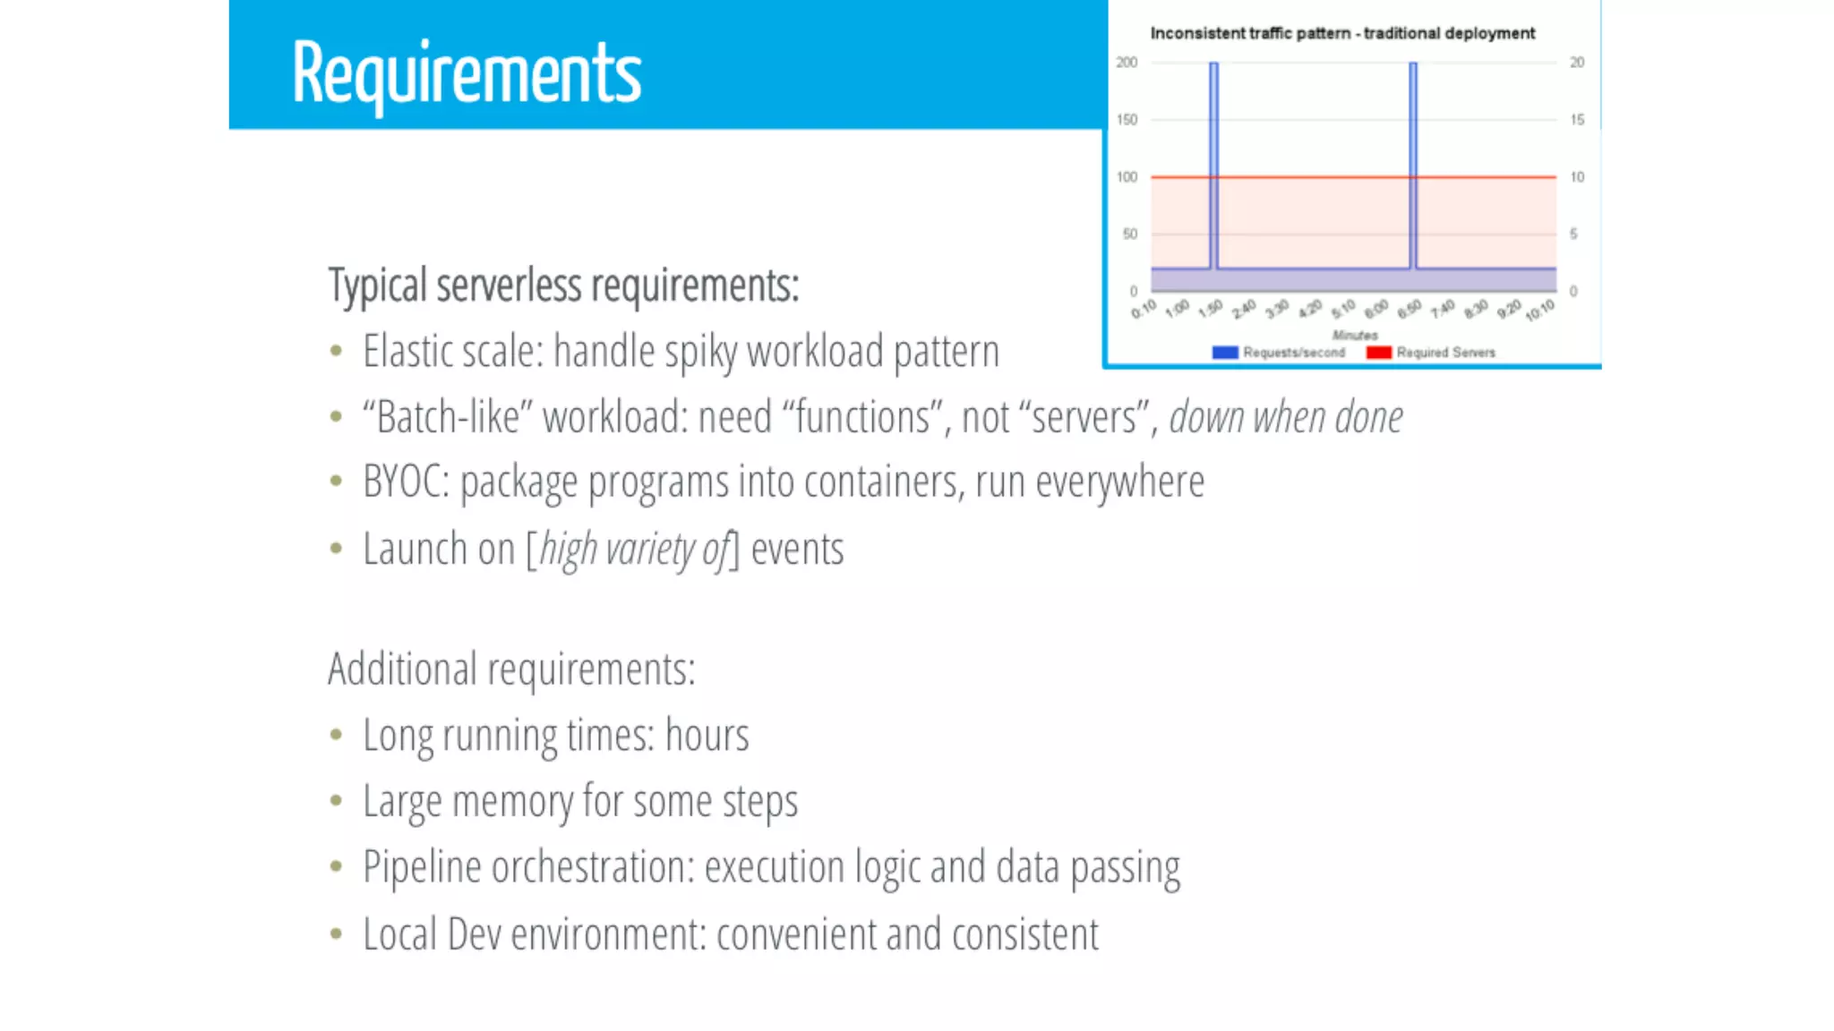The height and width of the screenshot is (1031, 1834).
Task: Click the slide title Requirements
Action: point(466,73)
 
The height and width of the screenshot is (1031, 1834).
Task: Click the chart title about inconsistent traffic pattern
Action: point(1341,33)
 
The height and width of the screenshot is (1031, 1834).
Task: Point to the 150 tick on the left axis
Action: point(1127,120)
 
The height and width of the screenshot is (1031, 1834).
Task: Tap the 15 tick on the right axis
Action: point(1577,120)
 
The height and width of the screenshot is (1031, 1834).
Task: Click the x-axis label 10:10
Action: point(1539,311)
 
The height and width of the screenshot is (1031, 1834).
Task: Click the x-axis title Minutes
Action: point(1354,335)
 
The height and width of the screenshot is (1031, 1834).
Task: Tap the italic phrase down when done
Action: point(1285,417)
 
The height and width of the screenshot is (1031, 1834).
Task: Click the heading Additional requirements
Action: point(511,669)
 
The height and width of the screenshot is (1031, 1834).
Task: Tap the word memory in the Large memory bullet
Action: point(511,801)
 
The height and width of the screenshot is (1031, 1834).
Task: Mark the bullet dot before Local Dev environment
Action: point(336,934)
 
